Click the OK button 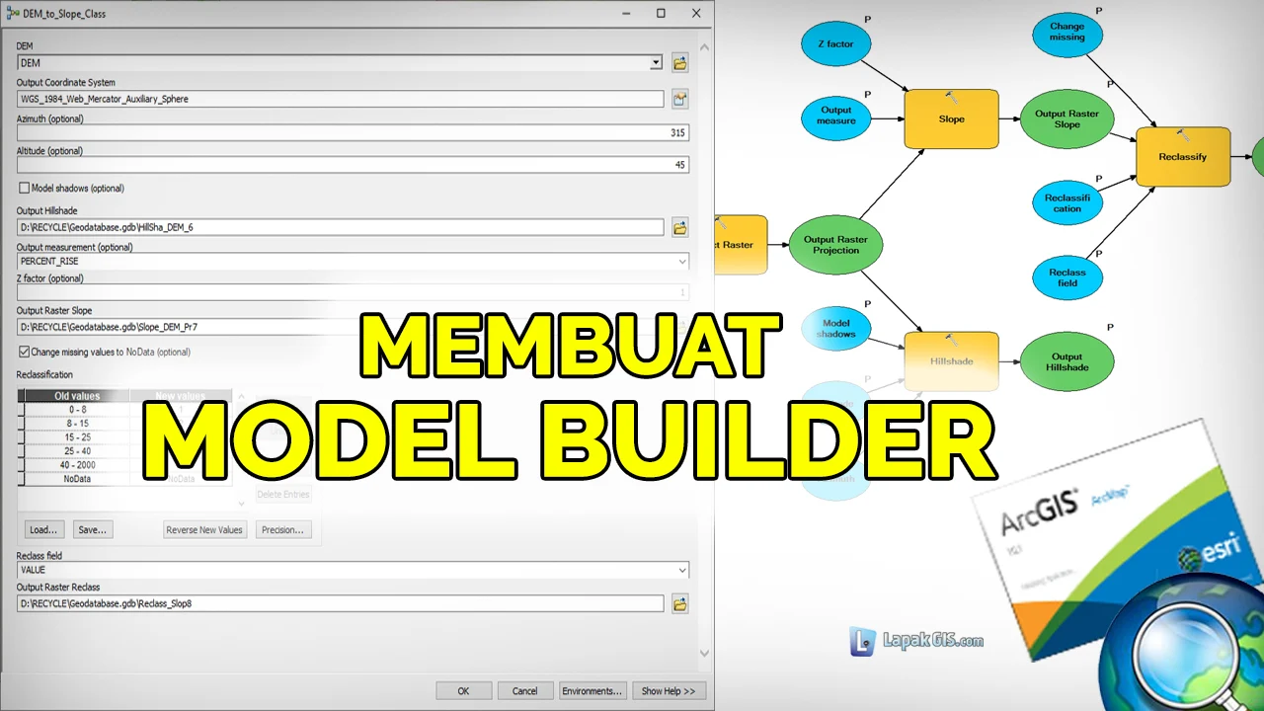click(463, 691)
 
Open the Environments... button click(592, 691)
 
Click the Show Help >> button click(668, 691)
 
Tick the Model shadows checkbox click(24, 188)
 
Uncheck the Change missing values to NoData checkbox click(24, 352)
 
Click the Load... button click(42, 529)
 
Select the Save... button click(92, 529)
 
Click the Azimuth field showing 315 click(353, 132)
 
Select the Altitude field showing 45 click(353, 165)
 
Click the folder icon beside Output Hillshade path click(679, 228)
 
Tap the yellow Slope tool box click(951, 119)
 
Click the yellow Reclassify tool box click(1182, 157)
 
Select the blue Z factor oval click(835, 44)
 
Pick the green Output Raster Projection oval click(835, 245)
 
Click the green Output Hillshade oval click(1066, 362)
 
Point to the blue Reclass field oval click(1066, 277)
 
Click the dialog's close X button click(696, 14)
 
